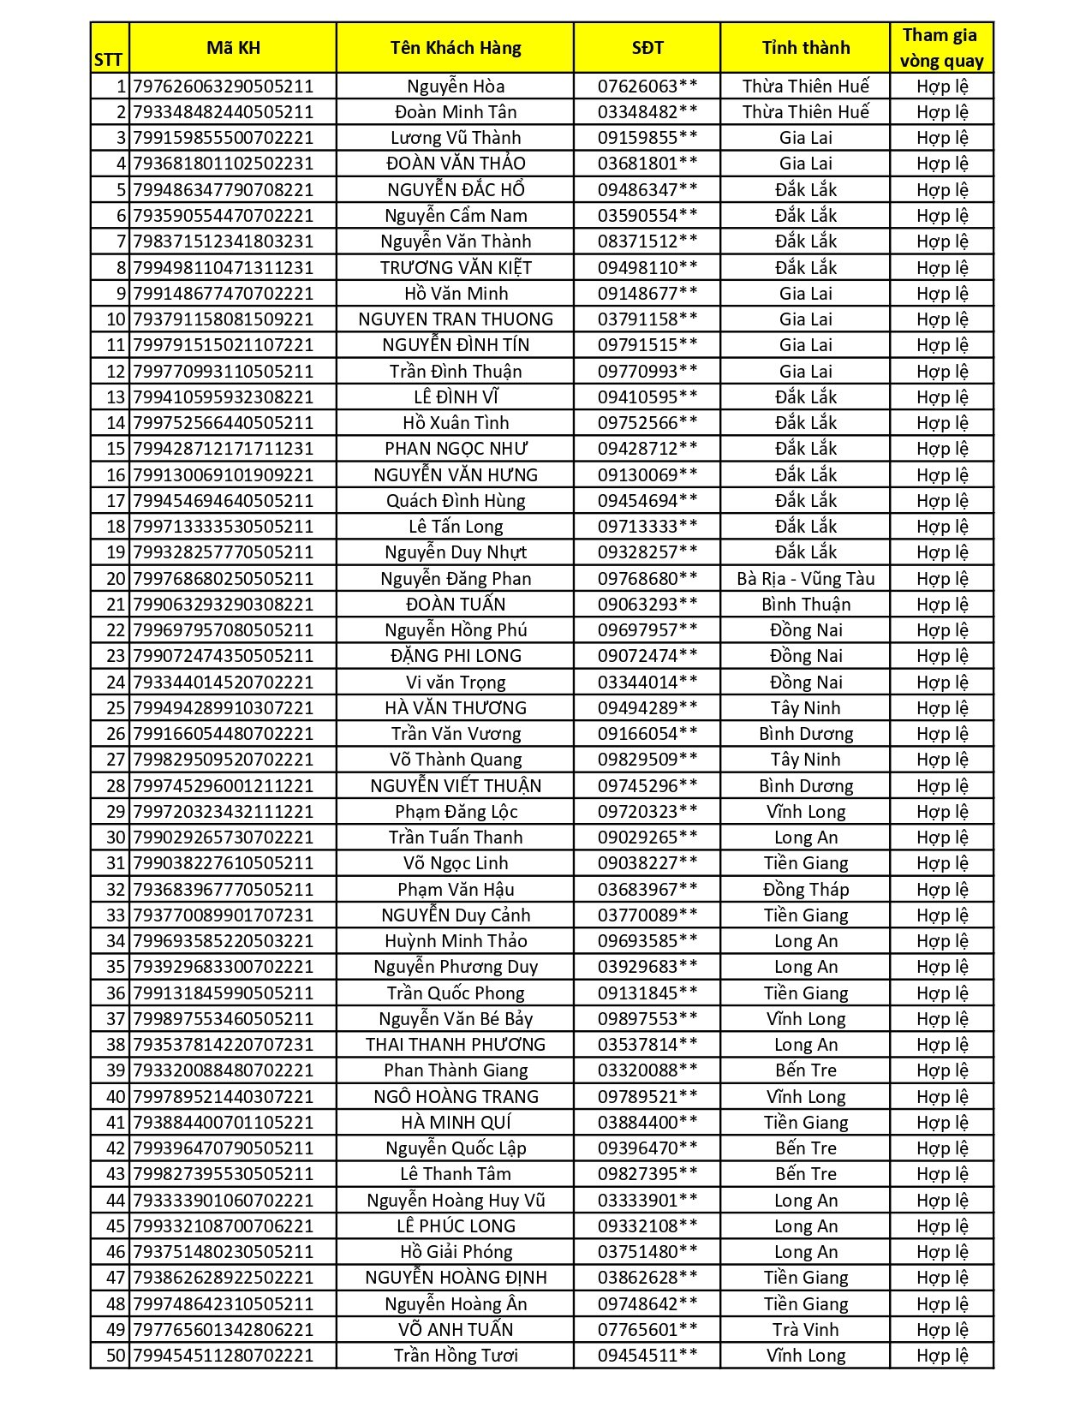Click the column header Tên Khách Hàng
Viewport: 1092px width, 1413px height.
[455, 48]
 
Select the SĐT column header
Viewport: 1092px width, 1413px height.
[647, 48]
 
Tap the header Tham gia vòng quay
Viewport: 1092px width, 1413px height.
[941, 48]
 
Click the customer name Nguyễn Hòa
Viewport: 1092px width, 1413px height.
[455, 86]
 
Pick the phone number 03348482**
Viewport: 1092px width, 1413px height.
[647, 112]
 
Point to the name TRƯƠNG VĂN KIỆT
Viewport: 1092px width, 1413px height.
[455, 268]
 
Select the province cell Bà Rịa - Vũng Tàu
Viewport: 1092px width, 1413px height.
[805, 579]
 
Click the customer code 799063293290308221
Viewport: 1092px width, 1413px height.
[224, 605]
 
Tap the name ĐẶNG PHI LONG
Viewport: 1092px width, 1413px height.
[455, 656]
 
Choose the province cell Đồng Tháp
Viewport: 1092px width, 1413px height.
[805, 890]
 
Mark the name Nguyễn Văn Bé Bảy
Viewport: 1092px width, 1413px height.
[455, 1019]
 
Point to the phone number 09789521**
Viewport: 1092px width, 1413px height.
[647, 1097]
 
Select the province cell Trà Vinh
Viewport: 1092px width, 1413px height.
[805, 1330]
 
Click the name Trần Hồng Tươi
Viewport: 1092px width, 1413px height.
[455, 1356]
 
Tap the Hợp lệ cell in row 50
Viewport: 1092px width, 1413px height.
[941, 1356]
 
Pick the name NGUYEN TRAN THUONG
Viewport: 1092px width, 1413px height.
[455, 319]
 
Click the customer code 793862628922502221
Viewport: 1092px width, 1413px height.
[224, 1278]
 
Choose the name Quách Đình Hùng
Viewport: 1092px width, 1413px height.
[455, 501]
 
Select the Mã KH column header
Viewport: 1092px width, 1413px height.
[233, 48]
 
